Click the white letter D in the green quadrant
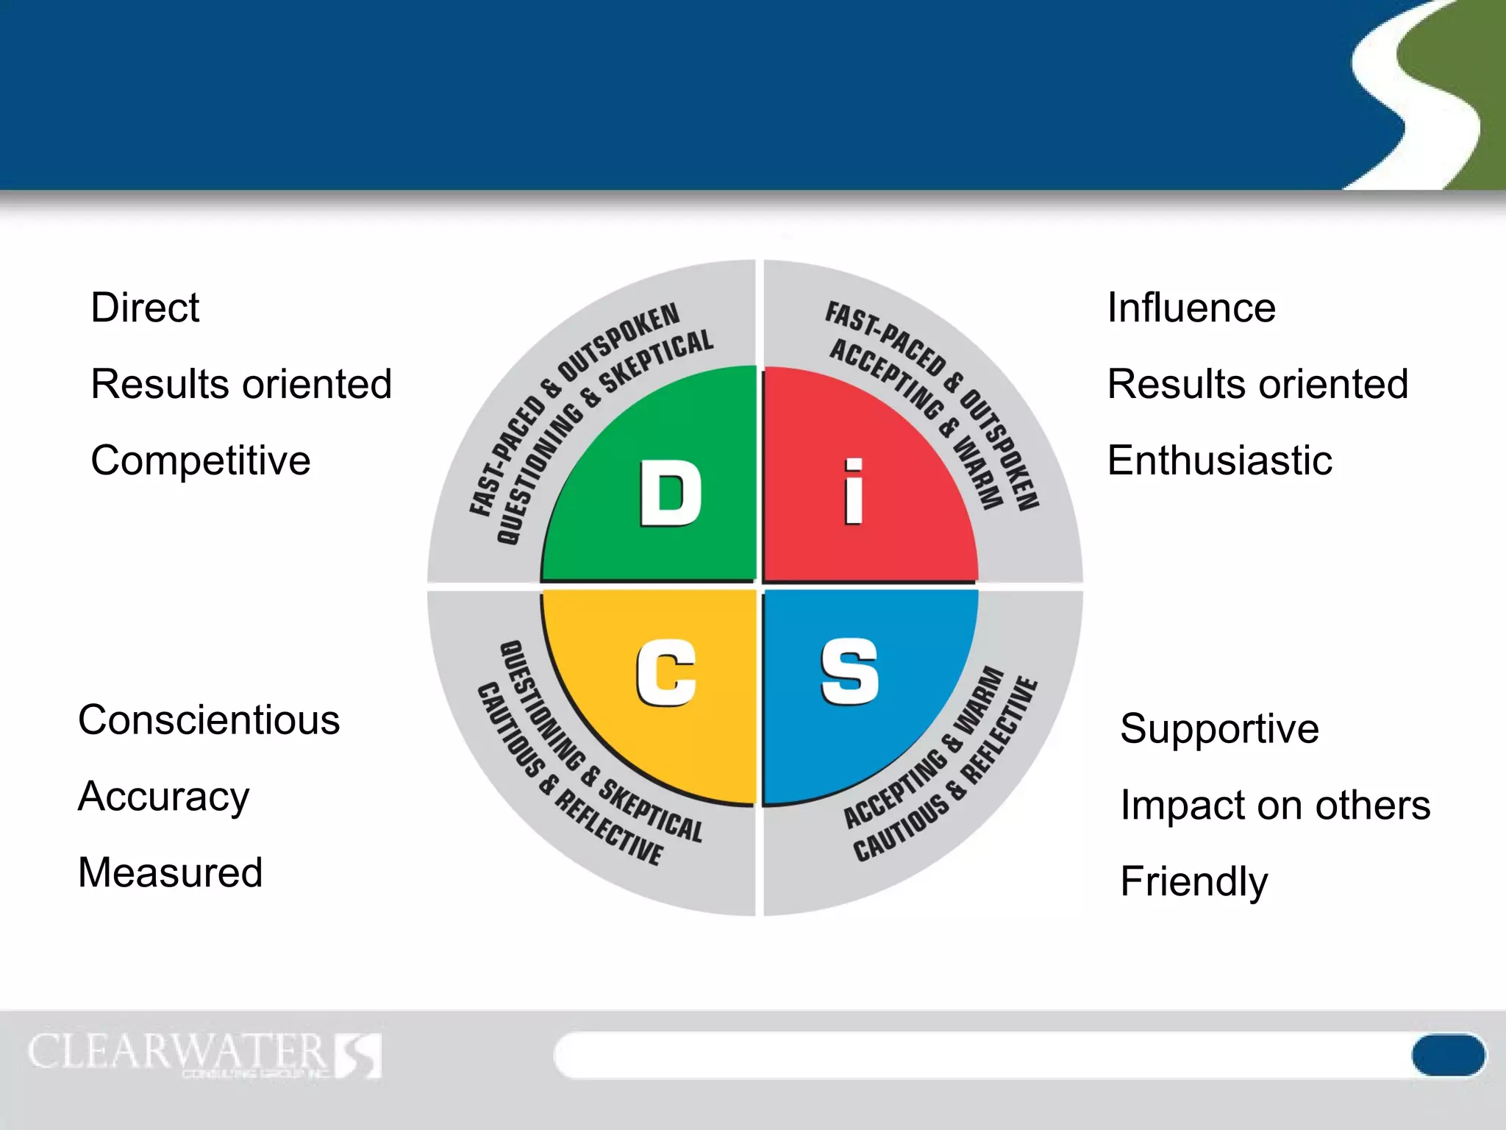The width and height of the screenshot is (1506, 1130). point(670,493)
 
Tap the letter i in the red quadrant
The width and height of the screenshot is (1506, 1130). point(853,491)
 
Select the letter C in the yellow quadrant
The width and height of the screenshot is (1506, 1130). point(666,672)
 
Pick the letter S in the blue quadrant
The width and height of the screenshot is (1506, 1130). point(849,671)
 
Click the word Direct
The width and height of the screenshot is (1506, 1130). point(145,308)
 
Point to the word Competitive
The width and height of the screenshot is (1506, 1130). point(200,461)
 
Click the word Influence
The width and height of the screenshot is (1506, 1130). point(1191,308)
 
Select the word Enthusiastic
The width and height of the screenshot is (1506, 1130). point(1219,461)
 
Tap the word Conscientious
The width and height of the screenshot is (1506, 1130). point(209,719)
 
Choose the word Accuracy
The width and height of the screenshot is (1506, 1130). point(163,797)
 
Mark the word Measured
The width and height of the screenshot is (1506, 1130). point(170,873)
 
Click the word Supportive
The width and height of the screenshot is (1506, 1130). point(1219,729)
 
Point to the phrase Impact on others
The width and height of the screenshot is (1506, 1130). point(1275,805)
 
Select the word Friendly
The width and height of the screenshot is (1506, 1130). point(1193,881)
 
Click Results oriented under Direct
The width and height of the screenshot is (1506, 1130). point(241,384)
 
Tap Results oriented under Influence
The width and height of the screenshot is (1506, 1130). point(1257,384)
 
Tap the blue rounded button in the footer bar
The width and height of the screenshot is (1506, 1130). point(1447,1055)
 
